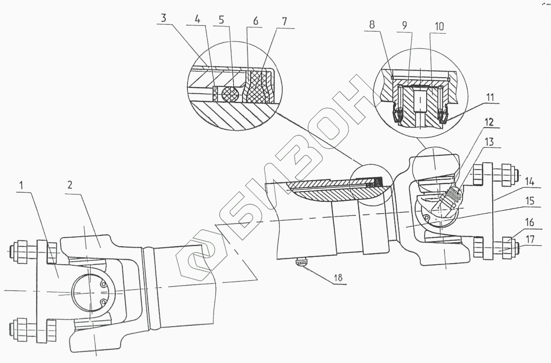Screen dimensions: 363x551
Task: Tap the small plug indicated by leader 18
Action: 302,262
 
